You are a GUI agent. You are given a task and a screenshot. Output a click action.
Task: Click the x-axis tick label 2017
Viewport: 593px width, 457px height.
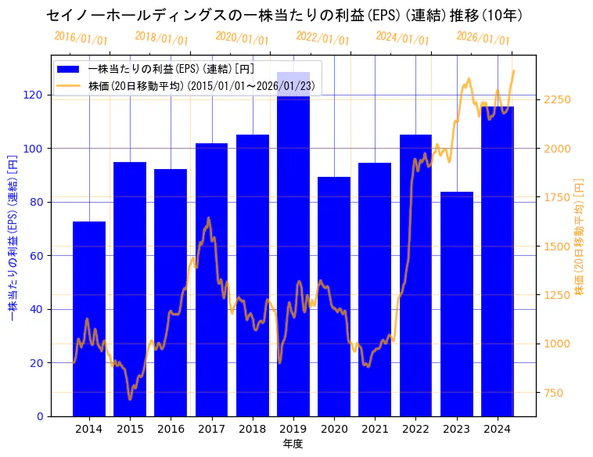tap(211, 429)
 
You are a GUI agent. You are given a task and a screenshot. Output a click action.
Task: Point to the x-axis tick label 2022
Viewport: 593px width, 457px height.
tap(415, 429)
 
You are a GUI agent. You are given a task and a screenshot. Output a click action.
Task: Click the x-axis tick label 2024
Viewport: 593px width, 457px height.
tap(498, 429)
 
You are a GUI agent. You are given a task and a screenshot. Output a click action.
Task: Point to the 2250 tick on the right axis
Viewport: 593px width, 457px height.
tap(557, 99)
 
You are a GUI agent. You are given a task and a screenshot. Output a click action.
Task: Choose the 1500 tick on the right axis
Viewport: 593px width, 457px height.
tap(557, 246)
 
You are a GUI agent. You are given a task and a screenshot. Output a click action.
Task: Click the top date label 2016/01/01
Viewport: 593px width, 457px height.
tap(81, 38)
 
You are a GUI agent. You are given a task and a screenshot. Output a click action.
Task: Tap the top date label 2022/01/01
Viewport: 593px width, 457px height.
tap(322, 38)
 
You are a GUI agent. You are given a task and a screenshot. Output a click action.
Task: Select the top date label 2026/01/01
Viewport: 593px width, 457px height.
tap(483, 38)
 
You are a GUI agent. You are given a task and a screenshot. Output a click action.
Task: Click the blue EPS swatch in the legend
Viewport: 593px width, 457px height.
tap(69, 70)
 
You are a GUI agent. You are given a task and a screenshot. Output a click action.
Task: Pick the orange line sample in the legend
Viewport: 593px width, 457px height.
tap(69, 86)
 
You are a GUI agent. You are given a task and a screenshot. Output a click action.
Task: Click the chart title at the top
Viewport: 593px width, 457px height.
tap(285, 15)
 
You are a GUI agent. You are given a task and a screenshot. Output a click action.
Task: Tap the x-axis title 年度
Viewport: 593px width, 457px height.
tap(293, 444)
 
